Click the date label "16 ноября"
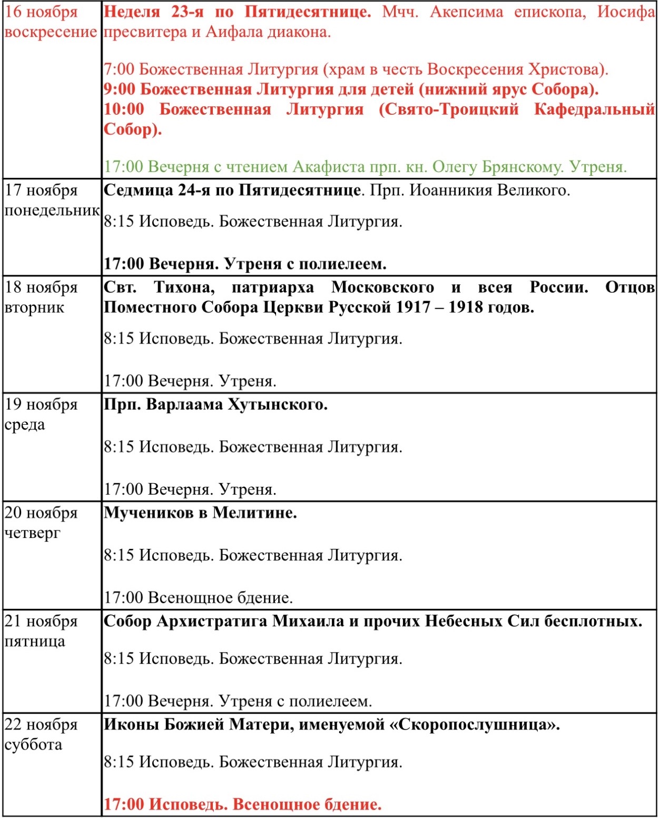(41, 12)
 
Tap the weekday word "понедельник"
(52, 211)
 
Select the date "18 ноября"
(41, 287)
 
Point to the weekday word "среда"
(25, 424)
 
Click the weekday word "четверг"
(33, 533)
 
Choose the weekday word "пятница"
(35, 641)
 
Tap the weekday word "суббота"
(33, 744)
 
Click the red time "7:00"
(119, 69)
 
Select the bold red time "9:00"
(120, 89)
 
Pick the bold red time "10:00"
(124, 109)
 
